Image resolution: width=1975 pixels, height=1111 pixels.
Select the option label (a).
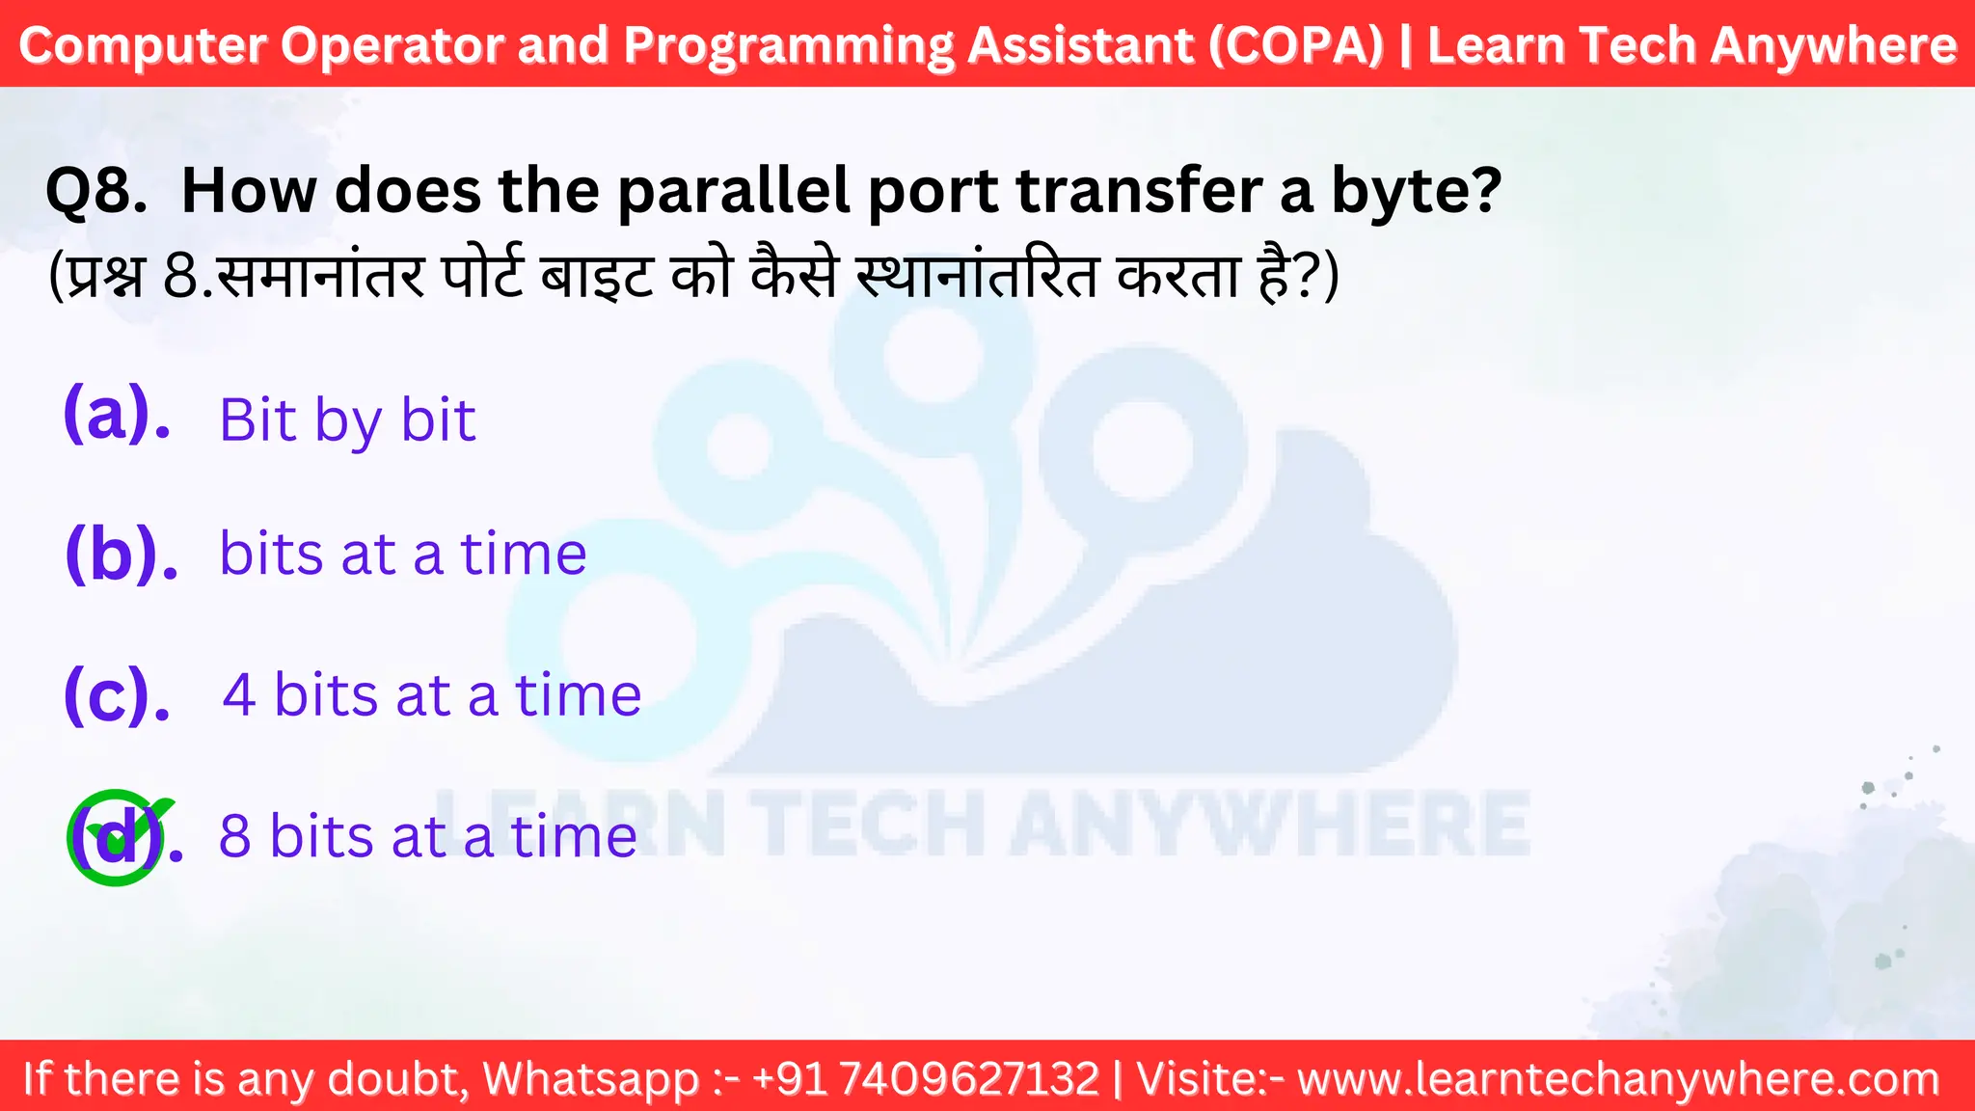click(116, 415)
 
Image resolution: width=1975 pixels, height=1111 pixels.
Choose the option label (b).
click(121, 555)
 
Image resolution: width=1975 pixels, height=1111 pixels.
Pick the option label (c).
click(116, 695)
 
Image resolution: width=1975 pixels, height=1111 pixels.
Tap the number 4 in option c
click(239, 695)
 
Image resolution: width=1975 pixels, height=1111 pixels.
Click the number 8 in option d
click(234, 836)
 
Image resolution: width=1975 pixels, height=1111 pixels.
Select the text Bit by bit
click(347, 420)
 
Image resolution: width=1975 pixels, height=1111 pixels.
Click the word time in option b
click(524, 555)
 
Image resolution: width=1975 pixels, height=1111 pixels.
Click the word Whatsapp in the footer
click(590, 1078)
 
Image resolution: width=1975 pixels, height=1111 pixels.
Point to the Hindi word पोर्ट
click(483, 277)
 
